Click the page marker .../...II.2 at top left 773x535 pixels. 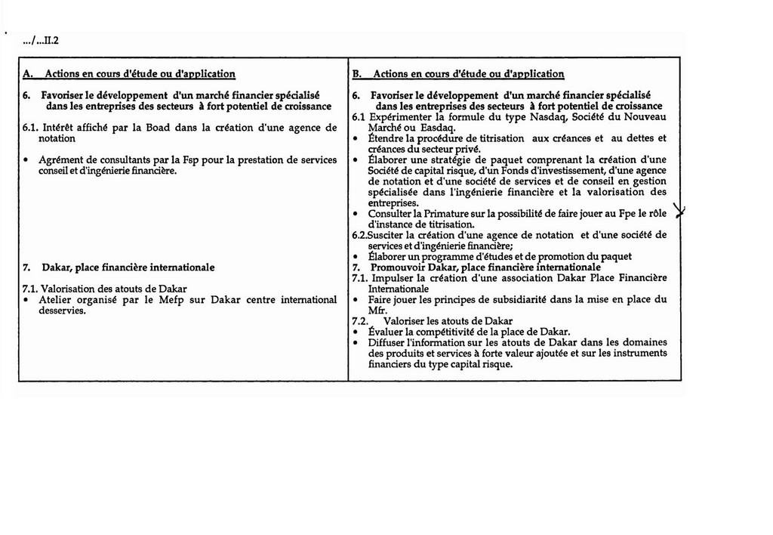44,42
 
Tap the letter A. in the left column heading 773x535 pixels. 28,74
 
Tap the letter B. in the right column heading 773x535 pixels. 357,74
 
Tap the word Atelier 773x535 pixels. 54,299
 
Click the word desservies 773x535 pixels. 63,310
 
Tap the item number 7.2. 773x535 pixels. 360,320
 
